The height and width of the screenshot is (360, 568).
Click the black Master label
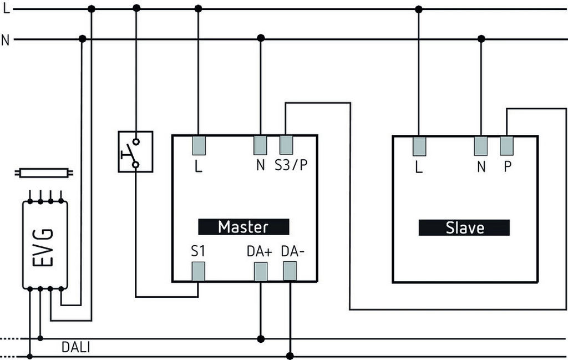click(244, 227)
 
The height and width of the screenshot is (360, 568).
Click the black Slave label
click(464, 227)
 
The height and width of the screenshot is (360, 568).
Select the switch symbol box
click(135, 151)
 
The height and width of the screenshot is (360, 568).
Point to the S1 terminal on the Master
click(199, 271)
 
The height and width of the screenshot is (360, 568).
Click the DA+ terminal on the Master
click(261, 271)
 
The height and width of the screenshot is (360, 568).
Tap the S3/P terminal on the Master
click(286, 145)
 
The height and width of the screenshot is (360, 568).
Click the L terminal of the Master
click(199, 145)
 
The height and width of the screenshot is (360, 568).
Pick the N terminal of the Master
click(261, 145)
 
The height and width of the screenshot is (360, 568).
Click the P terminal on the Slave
click(507, 146)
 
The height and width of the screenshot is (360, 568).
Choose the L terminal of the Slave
click(419, 146)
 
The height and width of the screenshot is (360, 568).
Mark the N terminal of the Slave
click(481, 146)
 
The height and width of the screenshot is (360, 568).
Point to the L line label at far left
click(6, 9)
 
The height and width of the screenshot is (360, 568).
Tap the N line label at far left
click(6, 39)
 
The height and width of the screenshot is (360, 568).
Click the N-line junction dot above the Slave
click(481, 39)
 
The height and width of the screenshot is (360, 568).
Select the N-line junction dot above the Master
click(261, 38)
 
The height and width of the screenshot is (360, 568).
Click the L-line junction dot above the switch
click(136, 8)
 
